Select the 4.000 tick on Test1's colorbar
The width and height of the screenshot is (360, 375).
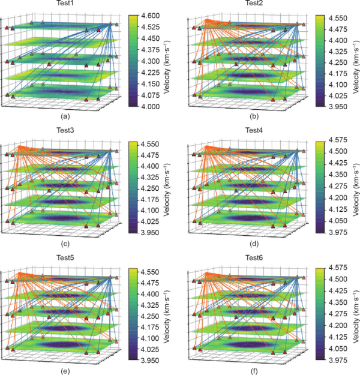(154, 106)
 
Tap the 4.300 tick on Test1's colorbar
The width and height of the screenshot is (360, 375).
(154, 61)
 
